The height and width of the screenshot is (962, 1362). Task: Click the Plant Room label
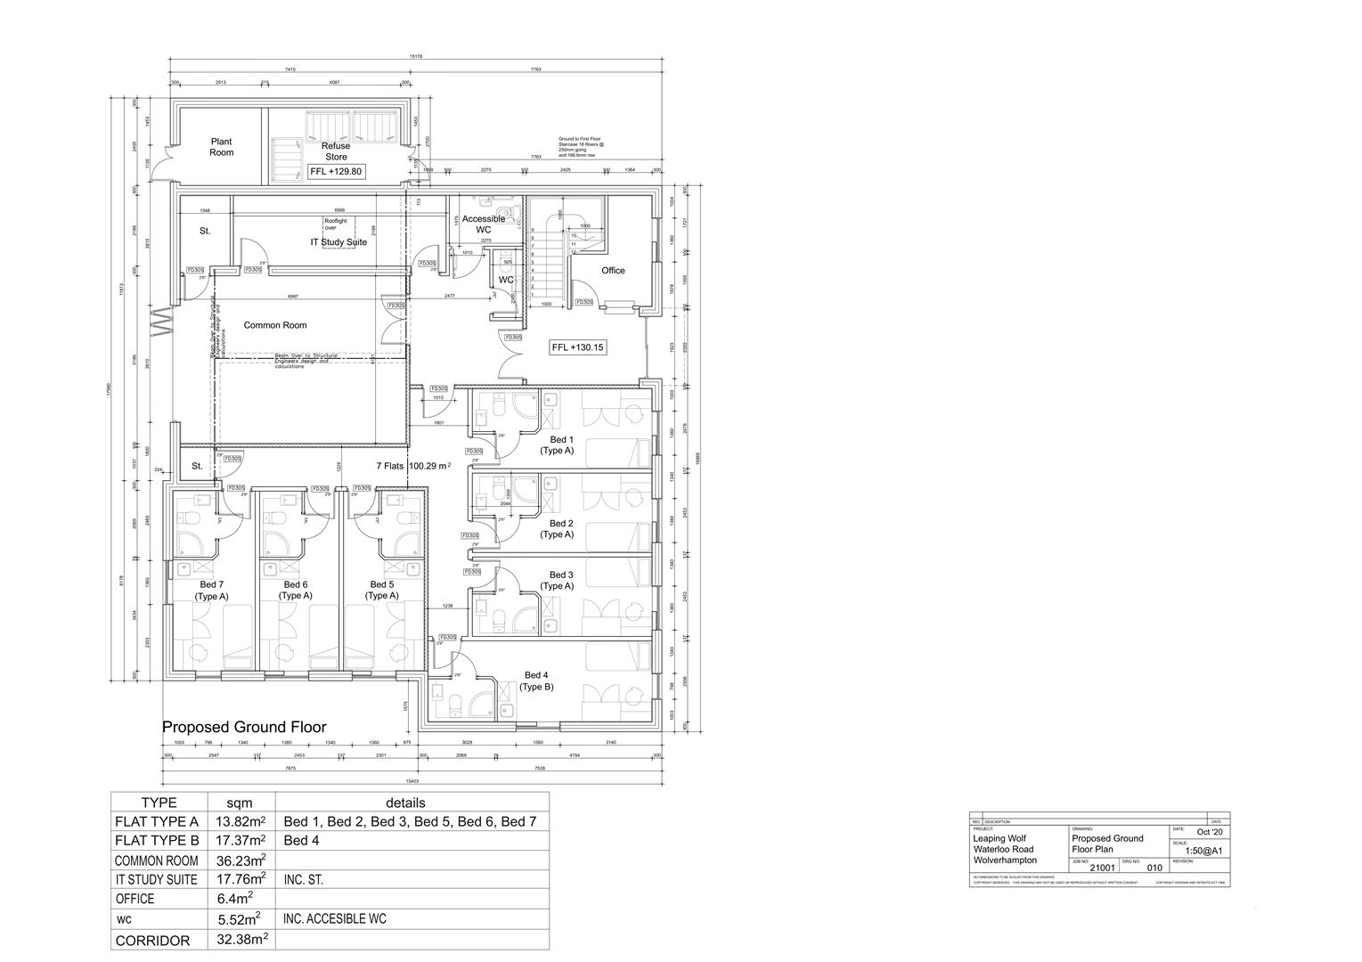tap(221, 147)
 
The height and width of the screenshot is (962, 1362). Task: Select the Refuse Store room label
tap(336, 151)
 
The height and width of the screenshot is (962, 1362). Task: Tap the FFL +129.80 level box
tap(336, 172)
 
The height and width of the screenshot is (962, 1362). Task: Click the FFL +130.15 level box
tap(578, 347)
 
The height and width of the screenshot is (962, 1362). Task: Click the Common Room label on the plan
tap(275, 325)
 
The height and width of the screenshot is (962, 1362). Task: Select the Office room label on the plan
tap(613, 271)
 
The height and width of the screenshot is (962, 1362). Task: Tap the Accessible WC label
tap(483, 224)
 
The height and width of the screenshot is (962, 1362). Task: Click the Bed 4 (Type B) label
tap(537, 681)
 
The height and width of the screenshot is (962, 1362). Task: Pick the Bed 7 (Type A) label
tap(212, 591)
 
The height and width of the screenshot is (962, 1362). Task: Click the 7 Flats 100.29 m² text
tap(413, 466)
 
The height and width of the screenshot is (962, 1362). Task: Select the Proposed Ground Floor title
tap(244, 728)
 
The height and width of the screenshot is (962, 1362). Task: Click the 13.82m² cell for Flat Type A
tap(241, 821)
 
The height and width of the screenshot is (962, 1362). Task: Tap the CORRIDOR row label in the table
tap(152, 941)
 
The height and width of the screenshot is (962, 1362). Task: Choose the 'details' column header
tap(404, 803)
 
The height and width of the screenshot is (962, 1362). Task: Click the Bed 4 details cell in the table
tap(302, 841)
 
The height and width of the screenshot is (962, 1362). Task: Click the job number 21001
tap(1101, 867)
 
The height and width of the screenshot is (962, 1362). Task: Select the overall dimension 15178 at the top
tap(415, 57)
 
